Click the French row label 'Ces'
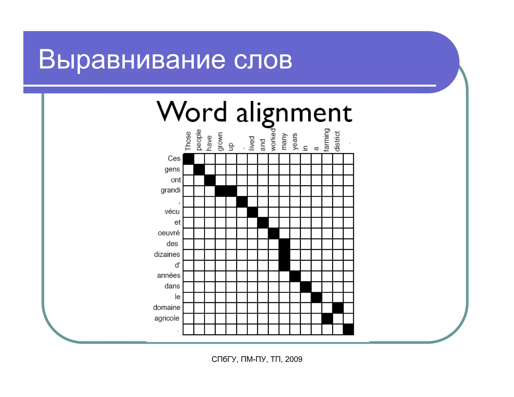174,158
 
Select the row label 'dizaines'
167,254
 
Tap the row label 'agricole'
167,318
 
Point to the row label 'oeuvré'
169,233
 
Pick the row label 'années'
169,275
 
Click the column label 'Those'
188,141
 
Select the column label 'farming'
327,140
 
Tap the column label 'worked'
273,140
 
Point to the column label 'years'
295,142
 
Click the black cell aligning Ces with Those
188,159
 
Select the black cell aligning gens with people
199,170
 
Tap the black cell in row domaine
338,308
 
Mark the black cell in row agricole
327,319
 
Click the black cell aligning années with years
295,276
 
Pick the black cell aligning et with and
263,223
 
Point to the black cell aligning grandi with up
231,191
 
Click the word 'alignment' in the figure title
294,113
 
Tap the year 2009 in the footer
294,359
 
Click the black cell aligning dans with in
306,287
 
